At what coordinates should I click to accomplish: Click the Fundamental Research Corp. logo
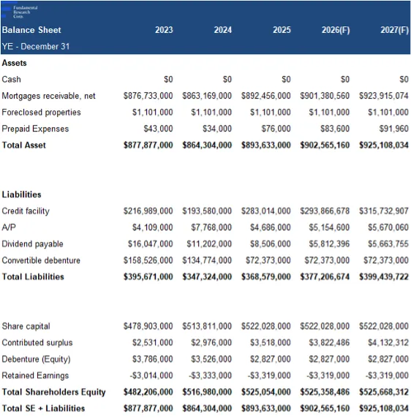click(x=20, y=12)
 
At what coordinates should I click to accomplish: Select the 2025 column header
click(x=282, y=30)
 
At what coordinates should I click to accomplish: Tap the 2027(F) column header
click(x=394, y=30)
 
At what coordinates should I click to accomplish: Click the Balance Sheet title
click(x=31, y=30)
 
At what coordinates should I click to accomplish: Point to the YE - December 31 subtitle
click(x=36, y=46)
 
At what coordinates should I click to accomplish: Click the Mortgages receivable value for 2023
click(x=148, y=96)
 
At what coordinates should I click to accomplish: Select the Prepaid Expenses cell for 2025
click(x=276, y=129)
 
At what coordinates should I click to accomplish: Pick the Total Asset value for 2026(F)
click(x=325, y=145)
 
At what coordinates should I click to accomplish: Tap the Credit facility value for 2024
click(x=207, y=211)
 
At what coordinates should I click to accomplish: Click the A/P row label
click(x=9, y=227)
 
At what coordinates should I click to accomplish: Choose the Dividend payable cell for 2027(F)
click(x=388, y=244)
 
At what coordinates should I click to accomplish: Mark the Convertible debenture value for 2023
click(x=148, y=260)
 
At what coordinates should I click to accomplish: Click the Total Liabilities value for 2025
click(x=266, y=277)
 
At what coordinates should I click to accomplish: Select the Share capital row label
click(x=26, y=327)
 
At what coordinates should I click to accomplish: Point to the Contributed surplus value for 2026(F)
click(x=329, y=343)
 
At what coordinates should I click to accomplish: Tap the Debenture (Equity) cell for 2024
click(x=211, y=359)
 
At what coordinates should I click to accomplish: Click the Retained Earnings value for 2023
click(x=151, y=376)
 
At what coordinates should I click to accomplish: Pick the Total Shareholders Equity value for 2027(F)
click(x=384, y=392)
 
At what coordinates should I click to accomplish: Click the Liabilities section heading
click(x=21, y=194)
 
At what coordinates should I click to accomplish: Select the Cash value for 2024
click(x=227, y=80)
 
